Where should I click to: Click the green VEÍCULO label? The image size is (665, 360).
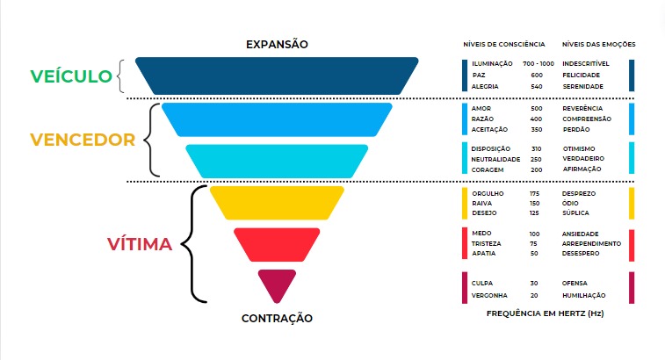click(x=73, y=76)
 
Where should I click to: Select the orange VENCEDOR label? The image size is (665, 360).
click(x=83, y=140)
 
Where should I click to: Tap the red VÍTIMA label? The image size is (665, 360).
click(x=140, y=243)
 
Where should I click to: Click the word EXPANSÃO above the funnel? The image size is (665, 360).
click(x=277, y=44)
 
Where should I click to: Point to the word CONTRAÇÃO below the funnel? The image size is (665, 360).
click(x=277, y=318)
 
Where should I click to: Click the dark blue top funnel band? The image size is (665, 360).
click(x=277, y=75)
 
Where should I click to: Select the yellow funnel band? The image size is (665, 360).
click(x=277, y=201)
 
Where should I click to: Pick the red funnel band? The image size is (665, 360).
click(x=277, y=243)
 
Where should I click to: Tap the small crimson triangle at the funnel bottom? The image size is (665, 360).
click(x=277, y=283)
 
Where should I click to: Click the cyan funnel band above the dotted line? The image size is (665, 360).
click(x=277, y=161)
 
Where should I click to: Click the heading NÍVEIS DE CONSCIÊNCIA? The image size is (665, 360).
click(x=504, y=44)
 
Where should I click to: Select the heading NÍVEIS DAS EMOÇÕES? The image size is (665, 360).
click(x=598, y=44)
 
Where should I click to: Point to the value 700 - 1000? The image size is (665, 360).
click(x=538, y=64)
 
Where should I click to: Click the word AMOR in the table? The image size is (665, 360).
click(x=481, y=108)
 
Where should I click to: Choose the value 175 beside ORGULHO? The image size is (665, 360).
click(x=534, y=191)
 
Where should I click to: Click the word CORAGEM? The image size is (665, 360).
click(x=488, y=169)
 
